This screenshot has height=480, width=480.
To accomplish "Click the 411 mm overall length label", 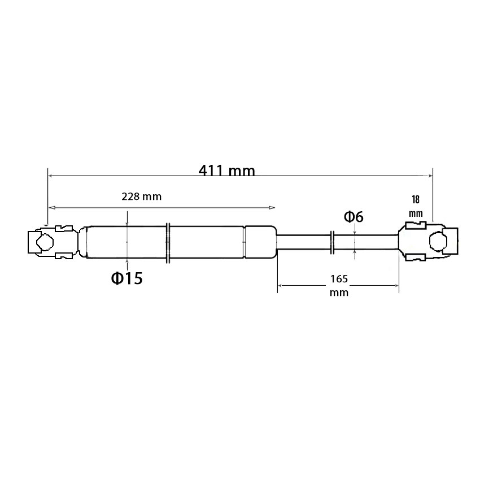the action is (x=227, y=171).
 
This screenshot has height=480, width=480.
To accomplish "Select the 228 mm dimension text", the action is (x=141, y=196).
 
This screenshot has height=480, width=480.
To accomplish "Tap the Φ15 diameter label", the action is (x=126, y=278).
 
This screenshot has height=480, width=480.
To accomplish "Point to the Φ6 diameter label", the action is (x=354, y=217).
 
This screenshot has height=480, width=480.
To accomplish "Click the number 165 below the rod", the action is (x=339, y=279).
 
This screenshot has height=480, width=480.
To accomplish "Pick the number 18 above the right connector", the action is (x=416, y=199).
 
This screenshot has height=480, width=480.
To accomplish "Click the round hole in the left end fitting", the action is (x=45, y=242).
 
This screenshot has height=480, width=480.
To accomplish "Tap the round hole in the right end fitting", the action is (x=438, y=241).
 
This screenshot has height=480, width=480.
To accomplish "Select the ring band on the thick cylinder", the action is (x=168, y=243).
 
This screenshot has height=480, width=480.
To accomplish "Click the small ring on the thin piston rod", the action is (x=333, y=243).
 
